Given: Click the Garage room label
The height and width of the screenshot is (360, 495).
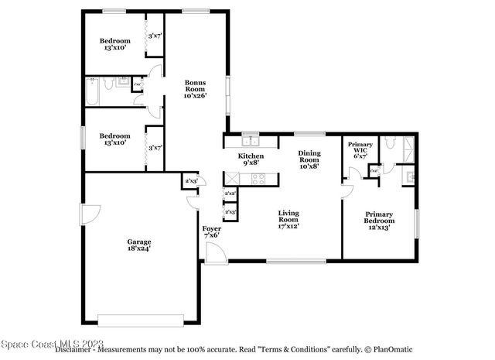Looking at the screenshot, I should click(139, 242).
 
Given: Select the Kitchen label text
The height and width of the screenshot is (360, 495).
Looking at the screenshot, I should click(251, 156).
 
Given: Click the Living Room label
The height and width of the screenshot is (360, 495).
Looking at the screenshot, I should click(288, 217).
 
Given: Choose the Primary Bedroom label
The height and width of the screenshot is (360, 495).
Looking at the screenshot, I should click(379, 218).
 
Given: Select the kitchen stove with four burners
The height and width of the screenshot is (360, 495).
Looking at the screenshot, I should click(258, 179).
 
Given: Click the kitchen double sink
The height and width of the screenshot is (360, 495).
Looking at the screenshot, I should click(250, 142).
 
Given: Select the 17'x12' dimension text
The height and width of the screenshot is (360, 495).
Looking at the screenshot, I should click(288, 226).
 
